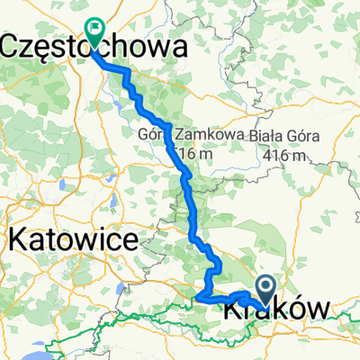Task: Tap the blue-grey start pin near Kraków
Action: (x=267, y=289)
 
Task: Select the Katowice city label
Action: (x=74, y=240)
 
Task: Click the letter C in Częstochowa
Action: (x=14, y=47)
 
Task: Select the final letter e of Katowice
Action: (x=130, y=241)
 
